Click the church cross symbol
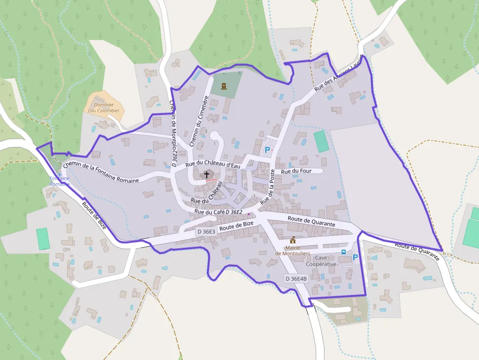tap(207, 174)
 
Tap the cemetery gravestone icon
tap(224, 86)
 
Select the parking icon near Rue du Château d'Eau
tap(267, 150)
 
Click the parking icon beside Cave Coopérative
tap(355, 257)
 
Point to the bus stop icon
tap(344, 252)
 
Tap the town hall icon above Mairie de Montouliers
tap(293, 240)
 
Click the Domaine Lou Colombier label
tap(104, 107)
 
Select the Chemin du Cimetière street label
tap(199, 121)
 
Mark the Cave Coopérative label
tap(321, 261)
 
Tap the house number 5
tap(214, 121)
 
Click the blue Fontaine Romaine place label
tap(59, 181)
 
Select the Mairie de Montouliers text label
tap(293, 250)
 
